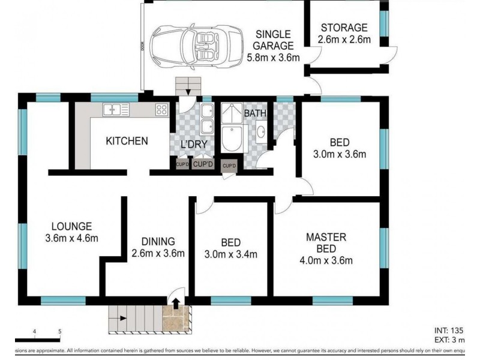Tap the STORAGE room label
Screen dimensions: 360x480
click(344, 28)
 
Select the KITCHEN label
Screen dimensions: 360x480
click(127, 142)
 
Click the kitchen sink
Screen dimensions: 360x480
click(115, 109)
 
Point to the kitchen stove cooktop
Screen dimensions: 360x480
click(161, 109)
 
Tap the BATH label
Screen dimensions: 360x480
click(255, 113)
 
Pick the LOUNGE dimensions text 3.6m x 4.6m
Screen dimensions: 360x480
click(71, 238)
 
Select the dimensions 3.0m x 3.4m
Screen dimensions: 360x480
click(231, 254)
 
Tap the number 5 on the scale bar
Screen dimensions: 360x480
click(59, 331)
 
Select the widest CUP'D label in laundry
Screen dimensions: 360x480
click(204, 164)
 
